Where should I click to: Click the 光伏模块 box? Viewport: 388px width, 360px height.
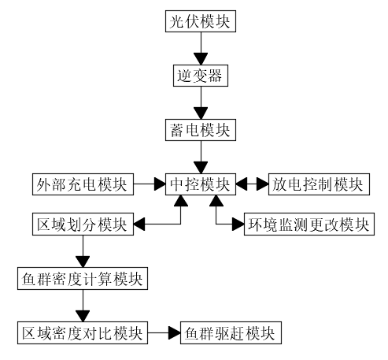tap(201, 21)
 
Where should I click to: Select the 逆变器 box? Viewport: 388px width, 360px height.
tap(201, 76)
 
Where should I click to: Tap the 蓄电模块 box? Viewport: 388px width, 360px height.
tap(201, 130)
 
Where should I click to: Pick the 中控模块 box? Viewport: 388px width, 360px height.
tap(201, 184)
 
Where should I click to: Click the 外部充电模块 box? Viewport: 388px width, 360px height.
tap(83, 184)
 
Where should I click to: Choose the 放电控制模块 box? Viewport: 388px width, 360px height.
tap(319, 184)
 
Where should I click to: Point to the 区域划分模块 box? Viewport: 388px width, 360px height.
tap(83, 224)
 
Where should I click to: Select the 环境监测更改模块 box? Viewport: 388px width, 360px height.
tap(309, 224)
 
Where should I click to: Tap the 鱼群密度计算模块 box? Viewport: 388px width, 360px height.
tap(83, 279)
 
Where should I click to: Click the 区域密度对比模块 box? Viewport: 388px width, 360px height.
tap(83, 332)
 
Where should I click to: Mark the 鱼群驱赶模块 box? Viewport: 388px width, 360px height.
tap(231, 332)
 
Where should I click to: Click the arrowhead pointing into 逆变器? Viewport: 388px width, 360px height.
tap(201, 59)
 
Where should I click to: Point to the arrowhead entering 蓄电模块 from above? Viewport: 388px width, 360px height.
tap(201, 113)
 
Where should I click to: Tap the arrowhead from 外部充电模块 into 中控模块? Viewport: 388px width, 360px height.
tap(160, 184)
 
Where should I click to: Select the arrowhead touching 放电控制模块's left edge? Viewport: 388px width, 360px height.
tap(263, 184)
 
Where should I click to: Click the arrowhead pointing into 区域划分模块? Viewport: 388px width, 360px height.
tap(139, 225)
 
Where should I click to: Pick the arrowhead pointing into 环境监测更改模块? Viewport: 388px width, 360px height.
tap(238, 225)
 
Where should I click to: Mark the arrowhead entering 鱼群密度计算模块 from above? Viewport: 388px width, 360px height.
tap(83, 262)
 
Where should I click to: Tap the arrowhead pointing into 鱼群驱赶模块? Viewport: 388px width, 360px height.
tap(175, 332)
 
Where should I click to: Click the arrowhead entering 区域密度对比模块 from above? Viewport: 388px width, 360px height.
tap(83, 316)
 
